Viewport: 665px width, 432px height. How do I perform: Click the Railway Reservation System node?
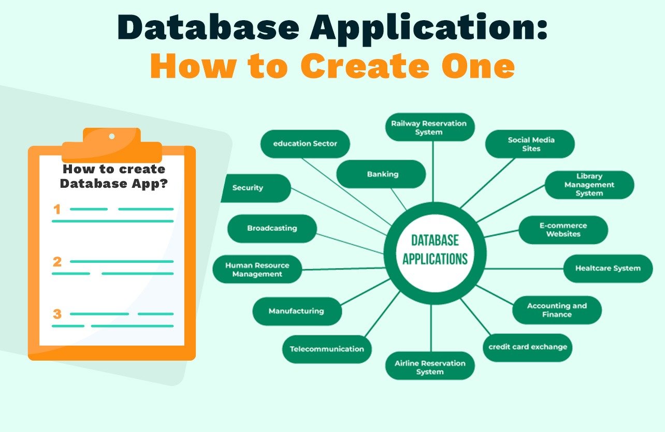point(429,127)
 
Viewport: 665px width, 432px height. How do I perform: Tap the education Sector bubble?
point(305,143)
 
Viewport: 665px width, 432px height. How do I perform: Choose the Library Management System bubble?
point(589,185)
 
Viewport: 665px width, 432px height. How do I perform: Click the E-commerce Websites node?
point(563,230)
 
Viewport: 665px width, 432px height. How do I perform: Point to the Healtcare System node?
point(608,268)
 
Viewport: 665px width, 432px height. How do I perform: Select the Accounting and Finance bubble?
point(557,310)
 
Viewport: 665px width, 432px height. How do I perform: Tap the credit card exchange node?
point(528,347)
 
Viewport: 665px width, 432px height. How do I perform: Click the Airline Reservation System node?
point(430,367)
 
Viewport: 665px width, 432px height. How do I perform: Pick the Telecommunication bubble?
point(327,349)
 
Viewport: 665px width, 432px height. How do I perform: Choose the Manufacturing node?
point(296,311)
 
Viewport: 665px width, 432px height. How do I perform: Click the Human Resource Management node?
point(257,269)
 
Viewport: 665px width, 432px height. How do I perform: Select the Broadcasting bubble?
point(272,228)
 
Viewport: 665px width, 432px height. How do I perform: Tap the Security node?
point(251,188)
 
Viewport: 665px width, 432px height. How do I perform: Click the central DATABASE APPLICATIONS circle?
point(435,250)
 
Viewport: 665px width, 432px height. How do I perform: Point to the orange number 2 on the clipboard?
point(57,262)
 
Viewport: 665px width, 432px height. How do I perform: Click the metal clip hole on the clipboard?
point(111,136)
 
